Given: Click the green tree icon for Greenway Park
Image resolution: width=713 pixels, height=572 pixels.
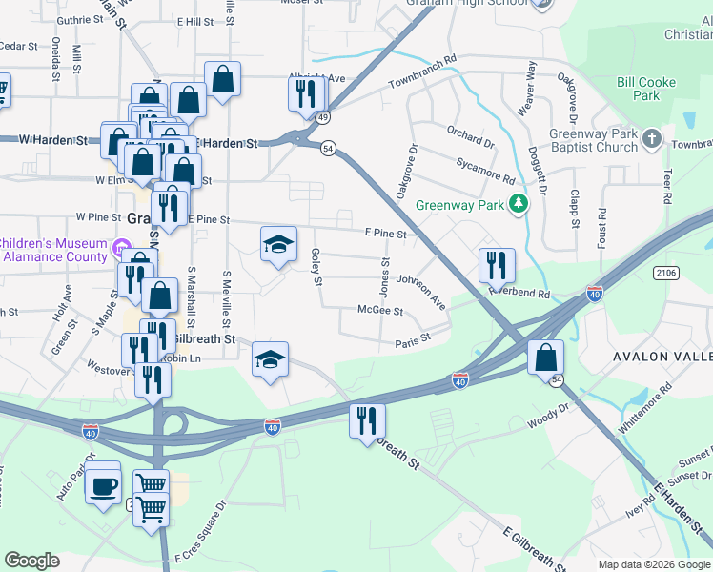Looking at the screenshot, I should (519, 203).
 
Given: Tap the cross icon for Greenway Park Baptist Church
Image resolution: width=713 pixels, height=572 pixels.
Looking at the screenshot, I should (652, 139).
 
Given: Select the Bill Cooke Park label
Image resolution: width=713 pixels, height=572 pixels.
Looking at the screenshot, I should (645, 89).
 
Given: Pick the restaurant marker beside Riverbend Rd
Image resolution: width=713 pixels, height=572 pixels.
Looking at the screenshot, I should (497, 266).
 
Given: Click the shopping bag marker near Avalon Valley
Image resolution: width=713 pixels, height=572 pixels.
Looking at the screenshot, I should (546, 358).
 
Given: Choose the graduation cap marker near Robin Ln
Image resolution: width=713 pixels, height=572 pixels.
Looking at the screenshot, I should (271, 359).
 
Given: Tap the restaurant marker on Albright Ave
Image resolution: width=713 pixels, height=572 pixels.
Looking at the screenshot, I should (306, 92).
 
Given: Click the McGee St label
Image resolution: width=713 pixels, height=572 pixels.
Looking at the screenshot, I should (380, 311).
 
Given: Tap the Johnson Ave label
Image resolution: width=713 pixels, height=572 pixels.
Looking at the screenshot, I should (421, 287).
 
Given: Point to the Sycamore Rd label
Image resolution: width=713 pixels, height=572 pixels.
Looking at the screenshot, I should (485, 172).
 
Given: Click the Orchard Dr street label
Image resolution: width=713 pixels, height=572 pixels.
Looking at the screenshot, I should (469, 136).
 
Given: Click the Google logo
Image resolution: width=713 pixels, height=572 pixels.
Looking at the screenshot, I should (32, 560).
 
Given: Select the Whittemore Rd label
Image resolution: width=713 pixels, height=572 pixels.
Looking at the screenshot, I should (645, 409).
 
